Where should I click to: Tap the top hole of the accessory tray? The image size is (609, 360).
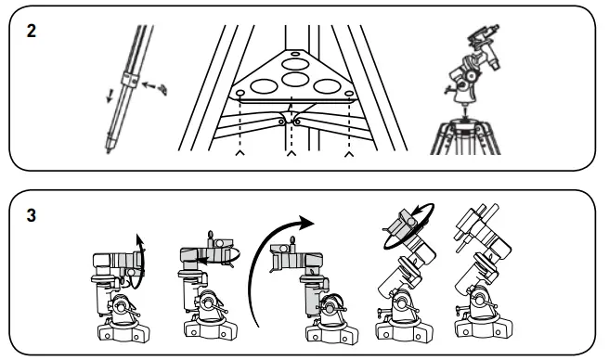(x=295, y=56)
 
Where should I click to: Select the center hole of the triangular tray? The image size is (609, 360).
(x=294, y=80)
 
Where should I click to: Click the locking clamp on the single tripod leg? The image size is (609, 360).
(x=135, y=84)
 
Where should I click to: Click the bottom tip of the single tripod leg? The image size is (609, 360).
(x=109, y=148)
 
